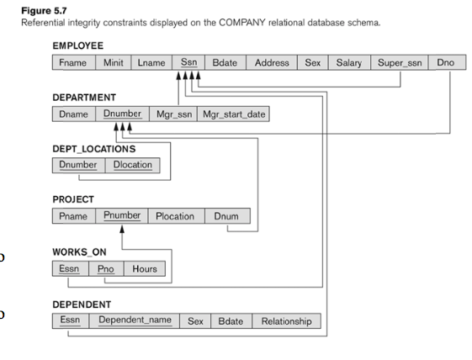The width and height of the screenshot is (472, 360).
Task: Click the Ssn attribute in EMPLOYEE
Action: pyautogui.click(x=188, y=63)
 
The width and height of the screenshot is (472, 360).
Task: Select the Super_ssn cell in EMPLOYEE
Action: pyautogui.click(x=399, y=63)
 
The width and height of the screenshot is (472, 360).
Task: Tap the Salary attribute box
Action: pyautogui.click(x=347, y=63)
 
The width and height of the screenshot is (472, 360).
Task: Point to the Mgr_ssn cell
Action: pyautogui.click(x=172, y=114)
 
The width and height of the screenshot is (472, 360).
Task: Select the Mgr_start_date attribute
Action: pyautogui.click(x=232, y=114)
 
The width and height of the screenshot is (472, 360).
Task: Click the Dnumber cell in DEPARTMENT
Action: pyautogui.click(x=122, y=114)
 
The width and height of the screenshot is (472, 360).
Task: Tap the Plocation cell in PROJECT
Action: pyautogui.click(x=175, y=216)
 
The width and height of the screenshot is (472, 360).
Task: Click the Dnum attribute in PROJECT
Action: pyautogui.click(x=225, y=216)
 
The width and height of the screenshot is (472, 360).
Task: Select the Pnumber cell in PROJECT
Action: pyautogui.click(x=121, y=216)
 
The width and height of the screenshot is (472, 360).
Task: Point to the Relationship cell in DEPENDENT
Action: pyautogui.click(x=286, y=321)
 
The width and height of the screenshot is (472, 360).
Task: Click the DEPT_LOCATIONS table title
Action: pyautogui.click(x=94, y=149)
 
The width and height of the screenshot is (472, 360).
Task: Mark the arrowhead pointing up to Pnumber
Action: pyautogui.click(x=123, y=229)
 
